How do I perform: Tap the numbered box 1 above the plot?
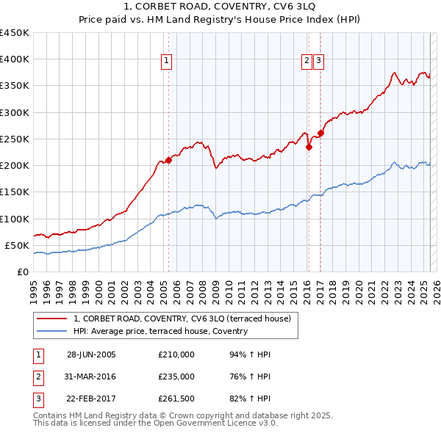(168, 62)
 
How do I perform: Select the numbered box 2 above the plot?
(306, 62)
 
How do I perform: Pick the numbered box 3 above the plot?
(319, 62)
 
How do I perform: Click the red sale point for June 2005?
(168, 159)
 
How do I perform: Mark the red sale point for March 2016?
(309, 147)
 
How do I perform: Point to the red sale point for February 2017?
(320, 134)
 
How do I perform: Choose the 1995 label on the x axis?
(34, 287)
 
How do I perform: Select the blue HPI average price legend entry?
(160, 331)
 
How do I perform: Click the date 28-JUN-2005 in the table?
(91, 354)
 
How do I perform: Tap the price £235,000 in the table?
(176, 376)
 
